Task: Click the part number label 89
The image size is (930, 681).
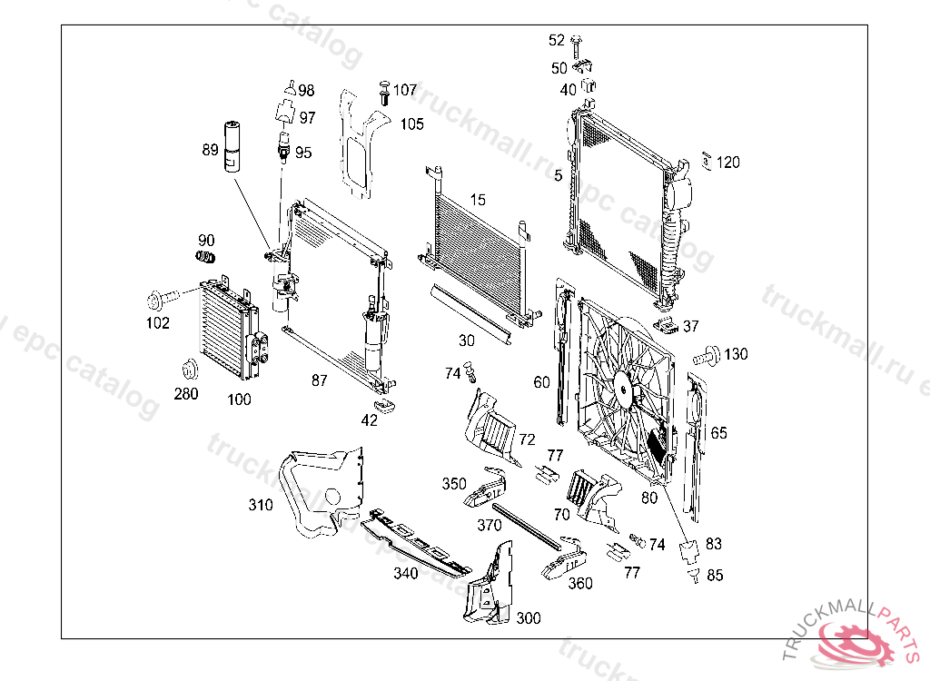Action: click(x=210, y=150)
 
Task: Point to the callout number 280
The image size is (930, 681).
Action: click(x=186, y=394)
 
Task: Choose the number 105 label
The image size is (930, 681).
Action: click(x=412, y=123)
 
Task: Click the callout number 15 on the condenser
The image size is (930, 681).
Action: click(x=478, y=200)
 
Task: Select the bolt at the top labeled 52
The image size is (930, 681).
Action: click(x=577, y=41)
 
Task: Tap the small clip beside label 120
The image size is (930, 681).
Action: click(x=707, y=161)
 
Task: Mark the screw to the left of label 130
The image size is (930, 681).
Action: click(x=706, y=354)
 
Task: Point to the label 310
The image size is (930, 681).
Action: click(x=261, y=505)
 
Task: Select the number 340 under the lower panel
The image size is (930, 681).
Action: click(x=405, y=573)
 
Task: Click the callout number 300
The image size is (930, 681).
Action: click(x=528, y=618)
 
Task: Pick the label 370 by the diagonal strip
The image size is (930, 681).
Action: click(x=490, y=525)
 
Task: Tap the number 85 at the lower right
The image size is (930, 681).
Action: click(x=715, y=575)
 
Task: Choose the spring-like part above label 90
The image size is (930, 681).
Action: click(x=206, y=259)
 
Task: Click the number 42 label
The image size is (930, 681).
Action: click(x=370, y=420)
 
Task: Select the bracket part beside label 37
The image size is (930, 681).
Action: click(x=668, y=325)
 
